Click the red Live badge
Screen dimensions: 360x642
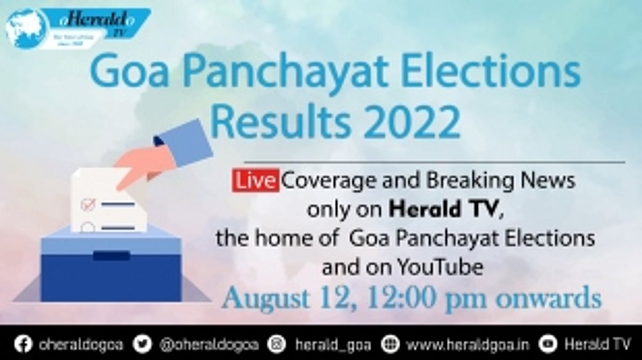coord(255,181)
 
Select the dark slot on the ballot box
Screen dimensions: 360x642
coord(111,255)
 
